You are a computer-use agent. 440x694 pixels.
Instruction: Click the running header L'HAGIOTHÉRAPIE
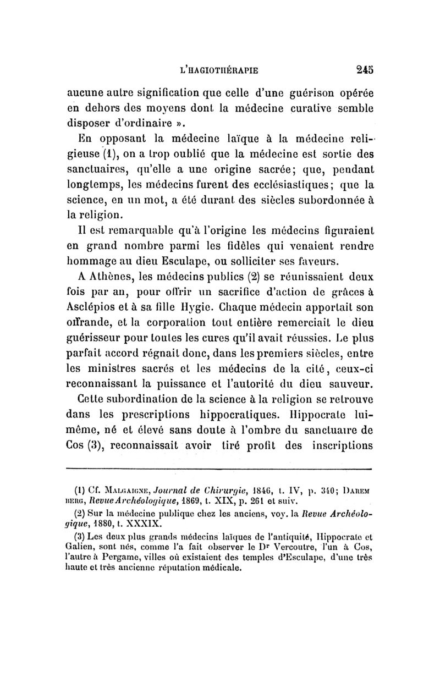[220, 70]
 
